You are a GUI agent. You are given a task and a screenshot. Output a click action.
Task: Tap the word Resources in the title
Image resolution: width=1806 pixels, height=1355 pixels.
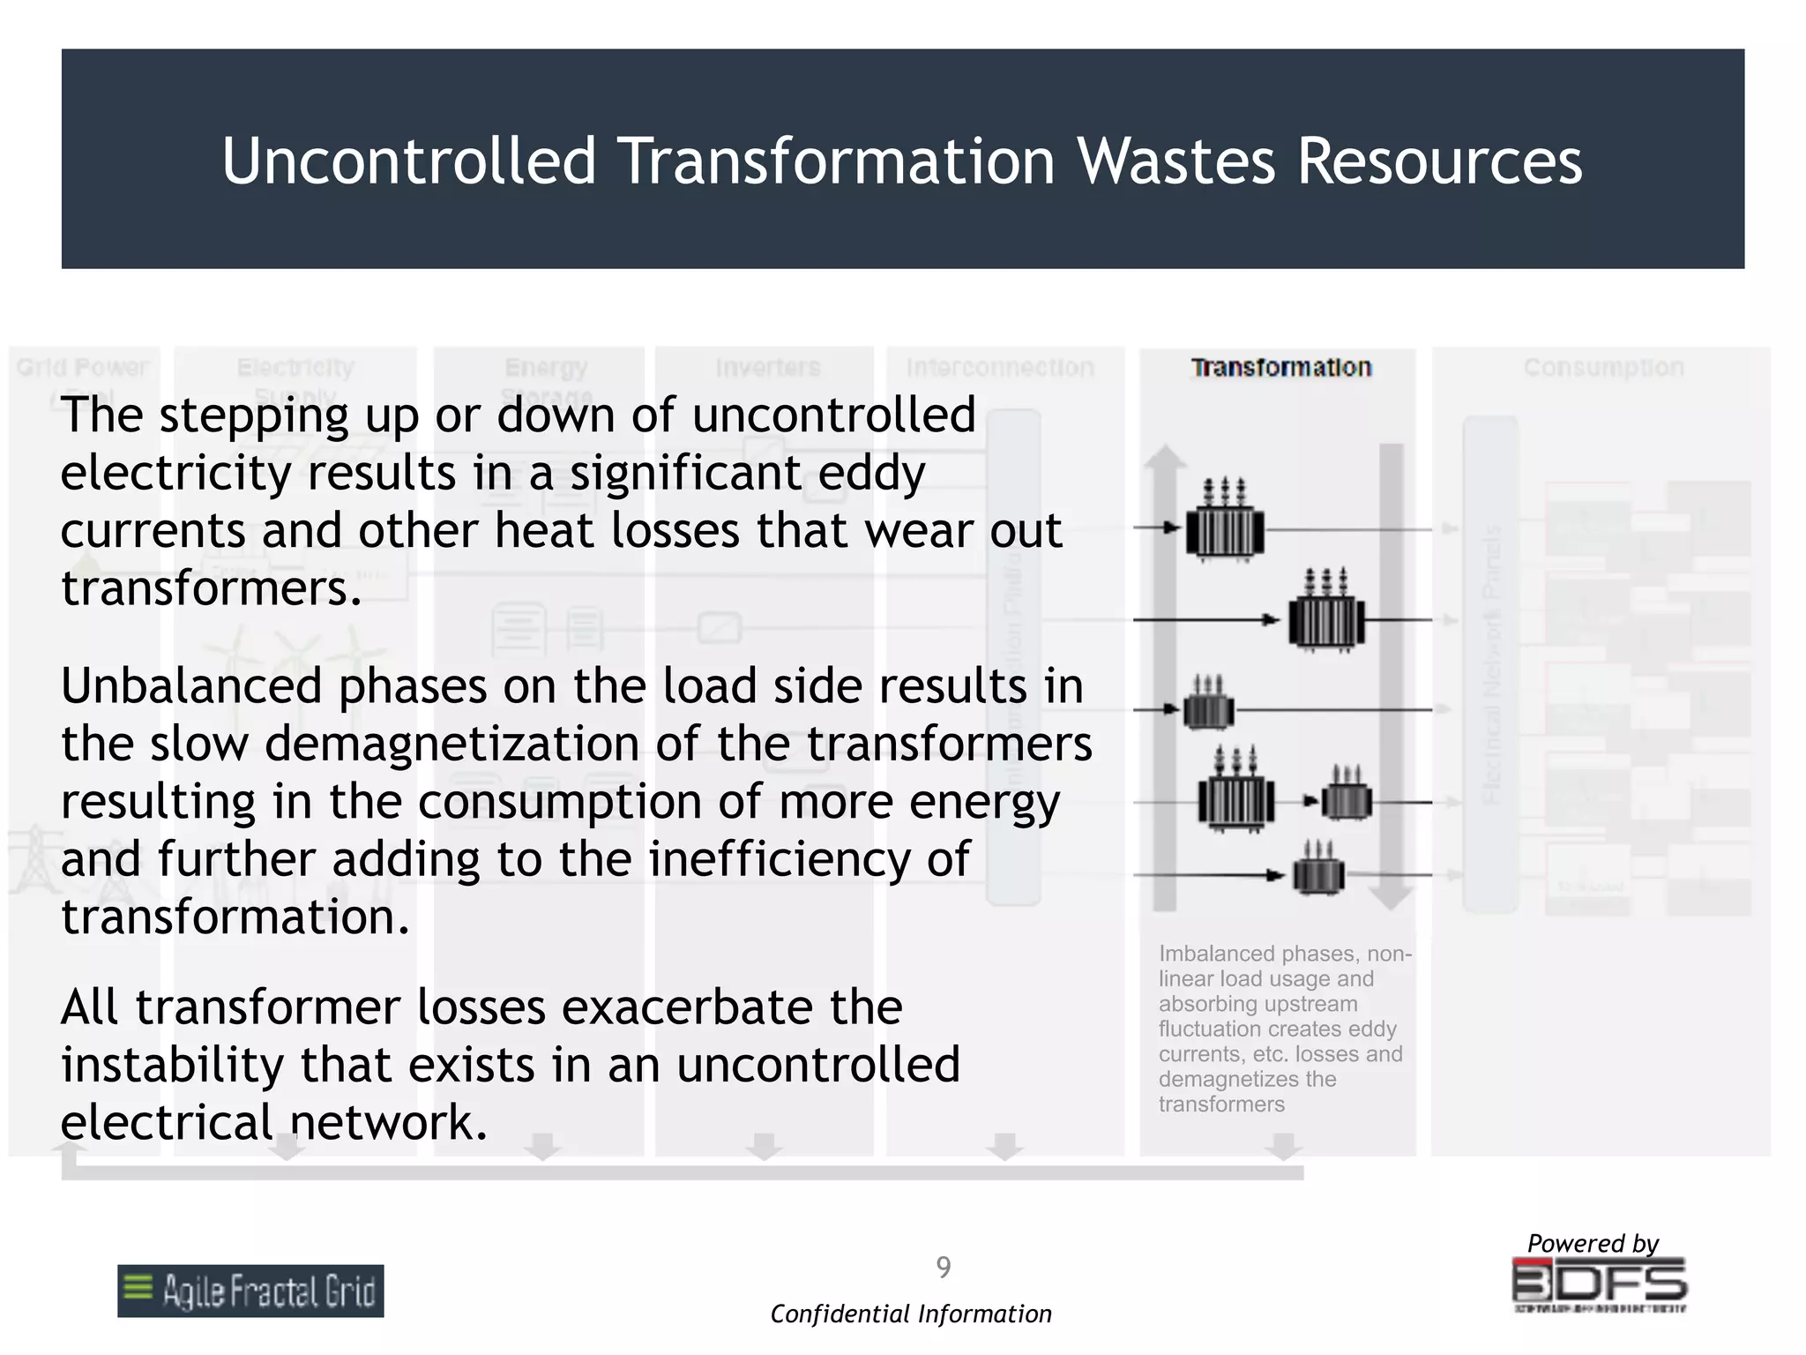[1439, 161]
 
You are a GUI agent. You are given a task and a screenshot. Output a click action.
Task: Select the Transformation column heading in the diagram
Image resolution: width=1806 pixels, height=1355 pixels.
[1281, 368]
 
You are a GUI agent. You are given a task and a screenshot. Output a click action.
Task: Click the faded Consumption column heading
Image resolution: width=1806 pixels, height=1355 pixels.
[1603, 368]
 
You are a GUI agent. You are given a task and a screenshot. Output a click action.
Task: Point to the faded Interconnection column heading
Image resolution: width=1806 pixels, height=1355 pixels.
[1000, 368]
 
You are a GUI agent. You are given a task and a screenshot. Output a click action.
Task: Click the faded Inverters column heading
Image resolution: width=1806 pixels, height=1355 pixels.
[767, 368]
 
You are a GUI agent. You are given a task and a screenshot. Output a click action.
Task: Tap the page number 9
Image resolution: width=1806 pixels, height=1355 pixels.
[943, 1268]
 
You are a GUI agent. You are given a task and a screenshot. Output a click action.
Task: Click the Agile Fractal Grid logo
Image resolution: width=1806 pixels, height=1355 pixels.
[250, 1291]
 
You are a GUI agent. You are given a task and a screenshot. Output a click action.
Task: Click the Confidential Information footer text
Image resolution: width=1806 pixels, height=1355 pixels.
[911, 1314]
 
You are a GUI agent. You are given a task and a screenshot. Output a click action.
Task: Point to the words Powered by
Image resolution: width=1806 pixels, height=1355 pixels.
[1593, 1244]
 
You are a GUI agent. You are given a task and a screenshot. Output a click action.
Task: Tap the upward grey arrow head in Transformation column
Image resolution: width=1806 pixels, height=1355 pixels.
[1165, 458]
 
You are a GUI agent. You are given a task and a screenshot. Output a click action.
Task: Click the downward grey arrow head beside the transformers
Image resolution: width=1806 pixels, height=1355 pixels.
[1391, 898]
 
